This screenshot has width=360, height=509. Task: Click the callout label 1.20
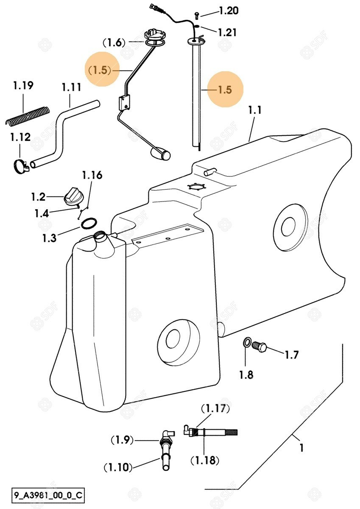[x=229, y=11]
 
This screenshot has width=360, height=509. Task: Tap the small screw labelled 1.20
[x=197, y=16]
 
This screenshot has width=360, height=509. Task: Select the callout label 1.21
[x=227, y=32]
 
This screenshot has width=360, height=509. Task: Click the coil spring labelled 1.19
[x=27, y=115]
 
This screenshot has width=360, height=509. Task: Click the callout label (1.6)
[x=114, y=43]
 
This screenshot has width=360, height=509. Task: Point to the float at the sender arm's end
[x=161, y=154]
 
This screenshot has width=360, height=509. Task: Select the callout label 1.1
[x=255, y=110]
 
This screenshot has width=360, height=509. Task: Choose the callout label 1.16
[x=92, y=176]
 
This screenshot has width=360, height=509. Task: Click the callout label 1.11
[x=71, y=87]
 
